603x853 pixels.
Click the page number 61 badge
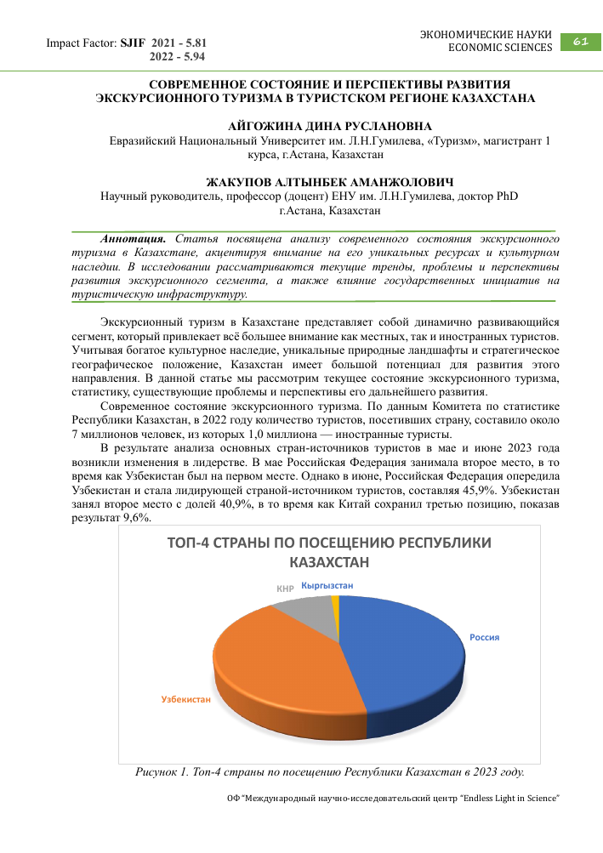click(581, 41)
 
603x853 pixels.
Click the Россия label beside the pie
click(485, 637)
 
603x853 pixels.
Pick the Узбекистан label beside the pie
click(185, 698)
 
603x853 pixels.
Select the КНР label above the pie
click(285, 588)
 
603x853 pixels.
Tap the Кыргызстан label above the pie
click(327, 585)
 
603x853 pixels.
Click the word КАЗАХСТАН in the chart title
click(329, 562)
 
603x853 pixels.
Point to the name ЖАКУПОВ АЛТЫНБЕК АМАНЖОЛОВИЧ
click(330, 182)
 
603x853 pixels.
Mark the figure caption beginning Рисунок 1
click(330, 773)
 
